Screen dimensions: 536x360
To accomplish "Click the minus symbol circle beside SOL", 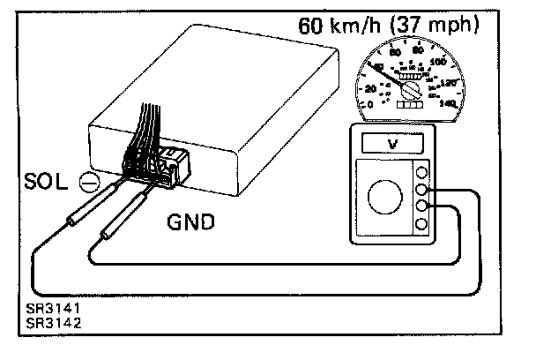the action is [89, 183].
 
